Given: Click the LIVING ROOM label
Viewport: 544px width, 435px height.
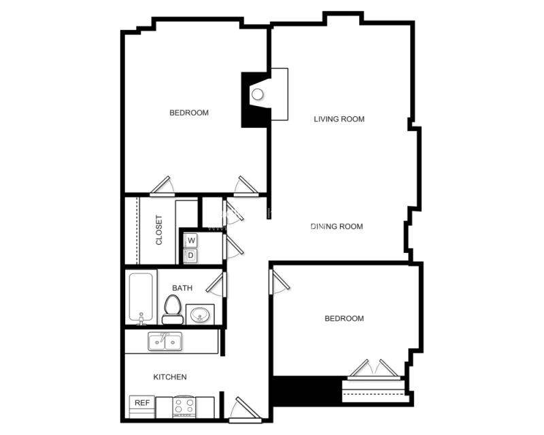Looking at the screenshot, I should point(339,119).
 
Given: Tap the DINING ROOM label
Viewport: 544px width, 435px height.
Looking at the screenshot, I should point(337,226).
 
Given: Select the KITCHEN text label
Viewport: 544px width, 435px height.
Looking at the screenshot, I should point(170,377).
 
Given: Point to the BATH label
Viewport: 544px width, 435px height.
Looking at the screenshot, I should point(182,288).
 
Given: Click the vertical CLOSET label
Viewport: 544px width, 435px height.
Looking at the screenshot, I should point(159,230).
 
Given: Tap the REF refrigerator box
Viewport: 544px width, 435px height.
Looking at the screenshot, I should point(141,403).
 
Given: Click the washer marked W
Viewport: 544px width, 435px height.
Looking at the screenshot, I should point(191,241).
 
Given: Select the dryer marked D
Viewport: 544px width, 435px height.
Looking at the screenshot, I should point(191,256).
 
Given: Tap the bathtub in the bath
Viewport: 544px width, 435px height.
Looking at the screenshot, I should point(143,297).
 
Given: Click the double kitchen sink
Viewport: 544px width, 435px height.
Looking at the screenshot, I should point(165,342).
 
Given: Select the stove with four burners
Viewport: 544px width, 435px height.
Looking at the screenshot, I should point(184,407).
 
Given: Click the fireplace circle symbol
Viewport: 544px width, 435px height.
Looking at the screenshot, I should point(258,94).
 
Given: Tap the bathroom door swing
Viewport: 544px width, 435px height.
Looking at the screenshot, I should point(217,284).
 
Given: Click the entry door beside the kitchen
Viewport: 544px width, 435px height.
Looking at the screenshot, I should point(241,408).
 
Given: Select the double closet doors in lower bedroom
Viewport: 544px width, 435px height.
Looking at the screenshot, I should point(374,368).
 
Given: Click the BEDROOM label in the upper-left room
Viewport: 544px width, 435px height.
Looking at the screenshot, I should point(189,113).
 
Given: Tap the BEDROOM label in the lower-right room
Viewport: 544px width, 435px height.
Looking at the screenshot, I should point(344,318).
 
